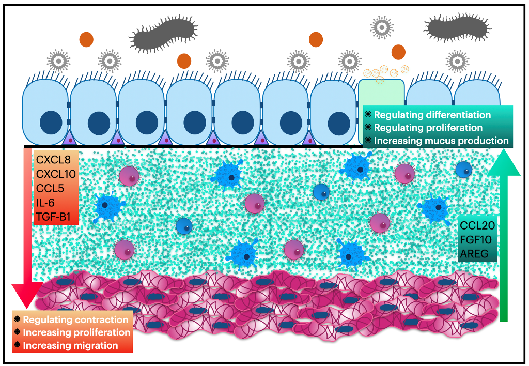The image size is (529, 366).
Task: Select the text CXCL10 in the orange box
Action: (x=56, y=174)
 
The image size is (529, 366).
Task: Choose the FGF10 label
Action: (x=477, y=239)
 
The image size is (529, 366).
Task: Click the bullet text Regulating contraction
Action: (x=75, y=319)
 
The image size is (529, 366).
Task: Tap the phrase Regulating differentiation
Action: (x=432, y=115)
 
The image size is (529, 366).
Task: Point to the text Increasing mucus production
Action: (x=441, y=140)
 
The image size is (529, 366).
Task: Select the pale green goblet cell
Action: (x=381, y=98)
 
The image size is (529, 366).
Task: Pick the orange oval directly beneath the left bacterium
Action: (x=184, y=60)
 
